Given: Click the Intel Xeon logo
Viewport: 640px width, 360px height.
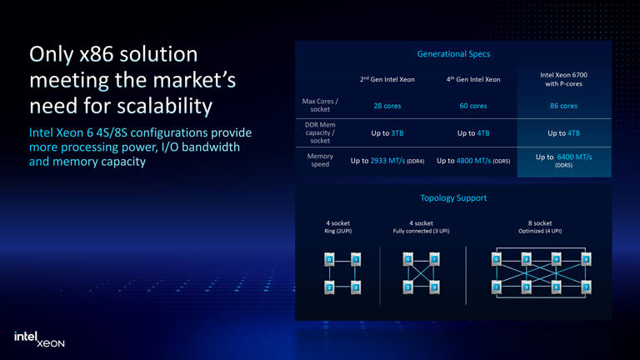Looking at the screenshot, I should tap(39, 338).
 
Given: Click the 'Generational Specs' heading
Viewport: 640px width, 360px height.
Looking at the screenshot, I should tap(453, 54).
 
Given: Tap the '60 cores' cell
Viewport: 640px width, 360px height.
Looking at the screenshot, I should tap(472, 106).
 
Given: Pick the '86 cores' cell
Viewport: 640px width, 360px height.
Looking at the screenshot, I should tap(563, 106).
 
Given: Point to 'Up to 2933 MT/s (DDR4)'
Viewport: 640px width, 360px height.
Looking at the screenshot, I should tap(387, 160).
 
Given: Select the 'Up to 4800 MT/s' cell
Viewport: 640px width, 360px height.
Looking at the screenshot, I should tap(473, 160).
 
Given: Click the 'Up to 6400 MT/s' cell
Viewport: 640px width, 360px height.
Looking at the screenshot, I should tap(563, 158).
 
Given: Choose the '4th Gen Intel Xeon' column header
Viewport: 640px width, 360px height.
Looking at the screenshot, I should tap(472, 79).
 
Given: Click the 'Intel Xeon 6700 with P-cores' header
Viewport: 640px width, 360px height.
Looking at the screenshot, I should tap(563, 79).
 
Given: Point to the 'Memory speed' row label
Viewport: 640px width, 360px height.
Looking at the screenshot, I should tap(320, 160).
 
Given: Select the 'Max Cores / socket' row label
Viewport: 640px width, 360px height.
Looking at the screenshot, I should tap(320, 106).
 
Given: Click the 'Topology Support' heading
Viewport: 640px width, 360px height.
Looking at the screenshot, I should tap(453, 198).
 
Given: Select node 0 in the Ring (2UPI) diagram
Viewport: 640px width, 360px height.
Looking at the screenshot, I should tap(328, 259).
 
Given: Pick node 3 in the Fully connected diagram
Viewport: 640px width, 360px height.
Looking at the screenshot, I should tap(435, 287).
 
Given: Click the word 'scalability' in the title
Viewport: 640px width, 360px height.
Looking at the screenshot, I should tap(165, 107).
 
